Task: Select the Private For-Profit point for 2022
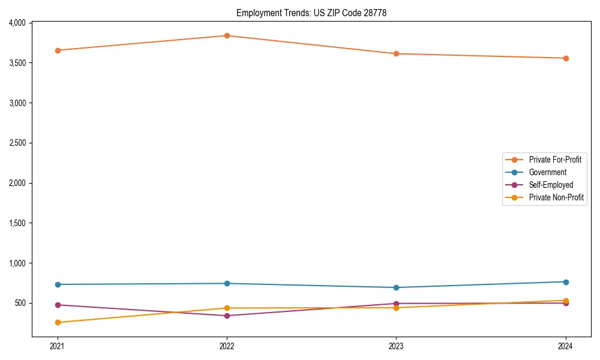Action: point(227,35)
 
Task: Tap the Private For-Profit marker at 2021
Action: point(58,50)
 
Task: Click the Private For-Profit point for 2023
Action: point(396,53)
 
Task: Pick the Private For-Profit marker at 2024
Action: point(565,58)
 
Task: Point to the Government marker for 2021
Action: point(58,284)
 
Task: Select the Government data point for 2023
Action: point(396,287)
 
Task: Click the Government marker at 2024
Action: point(565,282)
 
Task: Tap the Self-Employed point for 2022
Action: point(227,316)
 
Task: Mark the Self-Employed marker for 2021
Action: point(58,305)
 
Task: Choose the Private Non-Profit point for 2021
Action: point(58,322)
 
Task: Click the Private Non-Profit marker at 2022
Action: point(227,308)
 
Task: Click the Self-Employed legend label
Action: point(551,185)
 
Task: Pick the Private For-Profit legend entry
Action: point(555,160)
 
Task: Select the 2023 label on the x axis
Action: point(396,346)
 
